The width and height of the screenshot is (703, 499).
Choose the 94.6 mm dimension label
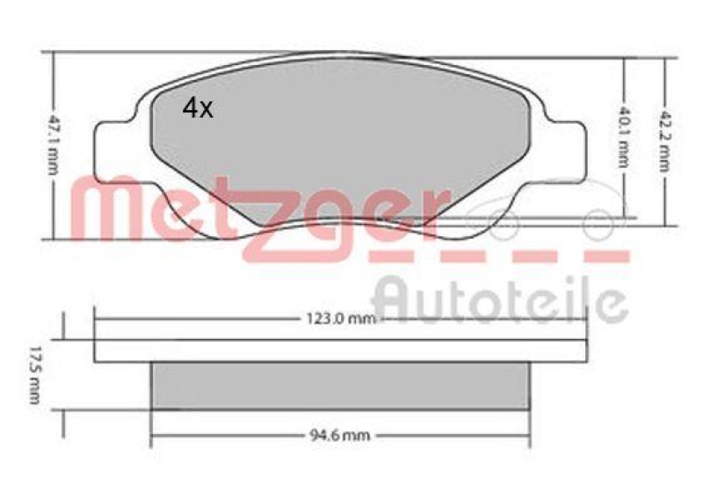pos(340,433)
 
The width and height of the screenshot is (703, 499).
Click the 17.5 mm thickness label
pos(34,378)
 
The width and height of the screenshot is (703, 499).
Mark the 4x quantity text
pos(198,108)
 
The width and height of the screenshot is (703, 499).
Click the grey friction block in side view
pos(340,386)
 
